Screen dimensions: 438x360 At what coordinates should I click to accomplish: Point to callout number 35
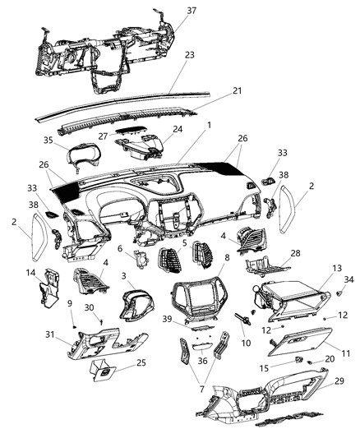click(48, 141)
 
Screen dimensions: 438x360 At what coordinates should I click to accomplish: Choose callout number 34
click(348, 280)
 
